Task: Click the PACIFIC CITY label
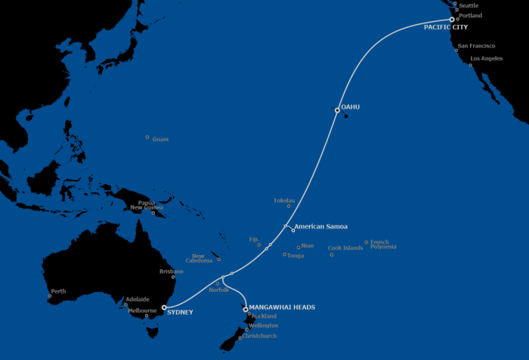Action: [445, 27]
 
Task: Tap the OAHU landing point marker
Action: [338, 110]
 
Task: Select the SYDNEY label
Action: [180, 312]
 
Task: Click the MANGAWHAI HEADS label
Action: [282, 307]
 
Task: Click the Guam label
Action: [160, 139]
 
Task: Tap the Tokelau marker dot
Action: [289, 206]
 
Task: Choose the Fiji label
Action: [253, 239]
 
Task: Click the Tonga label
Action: [295, 255]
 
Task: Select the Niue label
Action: [307, 246]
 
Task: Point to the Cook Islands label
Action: [345, 248]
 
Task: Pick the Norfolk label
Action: [219, 290]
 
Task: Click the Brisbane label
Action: [172, 272]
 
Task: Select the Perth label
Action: [58, 291]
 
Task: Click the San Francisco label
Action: [476, 46]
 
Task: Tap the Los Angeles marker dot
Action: [471, 64]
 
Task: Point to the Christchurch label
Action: [259, 336]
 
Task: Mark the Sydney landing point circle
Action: [164, 308]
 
